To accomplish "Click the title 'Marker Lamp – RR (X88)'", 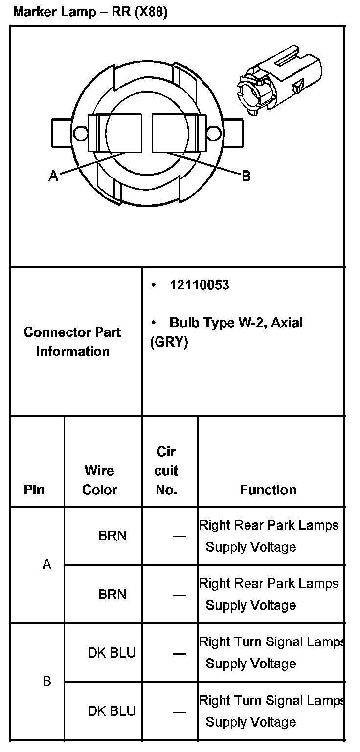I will [x=90, y=12].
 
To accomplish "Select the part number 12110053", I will [x=199, y=286].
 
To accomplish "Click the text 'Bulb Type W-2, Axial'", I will [x=236, y=323].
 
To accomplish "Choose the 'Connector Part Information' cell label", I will [x=72, y=342].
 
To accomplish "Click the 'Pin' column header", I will [x=34, y=490].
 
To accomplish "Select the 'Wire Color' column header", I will [x=99, y=480].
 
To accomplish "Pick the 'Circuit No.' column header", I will [x=166, y=471].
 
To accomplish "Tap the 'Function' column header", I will [x=268, y=490].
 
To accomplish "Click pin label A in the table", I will [x=47, y=565].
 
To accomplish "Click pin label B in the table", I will [x=47, y=681].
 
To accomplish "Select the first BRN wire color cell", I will [x=112, y=536].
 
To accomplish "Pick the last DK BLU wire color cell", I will [x=112, y=711].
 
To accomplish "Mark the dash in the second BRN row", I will [x=180, y=595].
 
